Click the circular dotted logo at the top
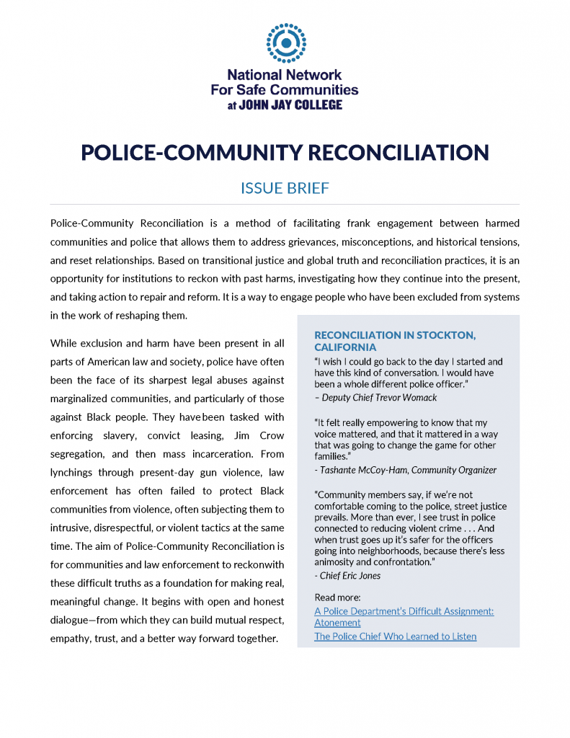pos(285,43)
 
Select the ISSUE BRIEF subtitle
pos(285,188)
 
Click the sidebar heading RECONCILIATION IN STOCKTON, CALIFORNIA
pos(395,341)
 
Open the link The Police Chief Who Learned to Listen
pos(395,636)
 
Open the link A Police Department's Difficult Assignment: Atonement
pos(404,616)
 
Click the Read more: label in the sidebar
pos(337,597)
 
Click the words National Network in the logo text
pos(285,74)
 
